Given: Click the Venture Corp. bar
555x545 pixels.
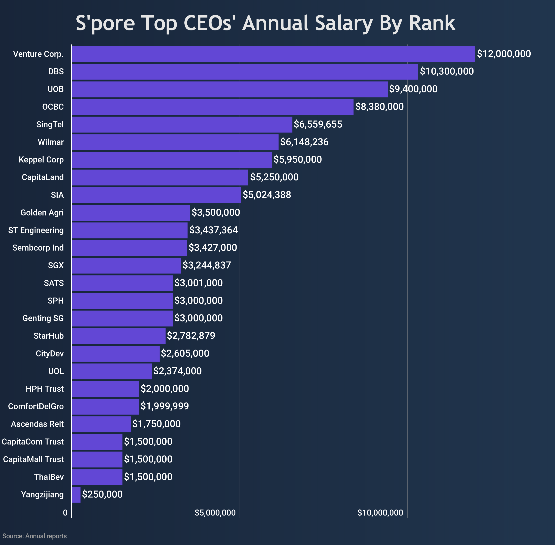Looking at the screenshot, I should click(273, 54).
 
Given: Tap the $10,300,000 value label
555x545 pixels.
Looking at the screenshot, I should click(447, 71).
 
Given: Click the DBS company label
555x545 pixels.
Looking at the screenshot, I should click(56, 72).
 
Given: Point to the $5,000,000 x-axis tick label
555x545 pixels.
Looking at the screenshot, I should click(215, 513).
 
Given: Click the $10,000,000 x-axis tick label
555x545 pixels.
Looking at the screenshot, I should click(380, 513).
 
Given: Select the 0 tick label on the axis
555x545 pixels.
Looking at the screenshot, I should click(65, 513).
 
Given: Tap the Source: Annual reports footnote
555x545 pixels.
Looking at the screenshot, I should click(35, 536).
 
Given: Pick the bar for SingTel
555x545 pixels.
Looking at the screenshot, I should click(182, 125).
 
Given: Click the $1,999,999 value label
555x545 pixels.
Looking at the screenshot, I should click(165, 406).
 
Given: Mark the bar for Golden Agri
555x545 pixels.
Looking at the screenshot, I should click(131, 213).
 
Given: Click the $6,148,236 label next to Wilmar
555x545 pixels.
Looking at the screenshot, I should click(304, 142).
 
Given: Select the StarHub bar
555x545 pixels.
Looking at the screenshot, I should click(119, 336).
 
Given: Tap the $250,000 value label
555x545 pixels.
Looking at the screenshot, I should click(102, 494).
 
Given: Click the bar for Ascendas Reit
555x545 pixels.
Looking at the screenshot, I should click(101, 424).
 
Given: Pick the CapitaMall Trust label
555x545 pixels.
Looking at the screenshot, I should click(33, 459).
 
